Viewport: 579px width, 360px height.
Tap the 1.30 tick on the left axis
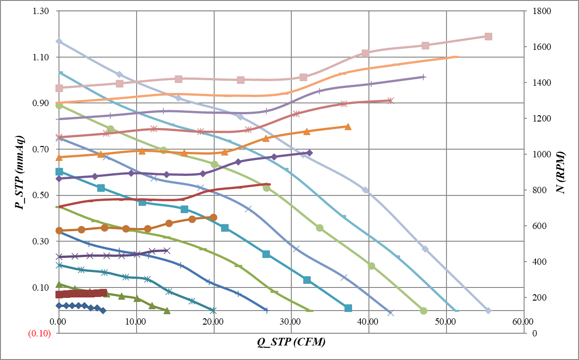pos(41,11)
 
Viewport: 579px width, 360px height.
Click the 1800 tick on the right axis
pos(541,11)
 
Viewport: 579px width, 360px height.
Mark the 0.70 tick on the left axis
pos(41,149)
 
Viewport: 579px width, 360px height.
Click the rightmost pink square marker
pos(488,36)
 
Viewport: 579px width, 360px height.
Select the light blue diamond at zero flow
pos(59,41)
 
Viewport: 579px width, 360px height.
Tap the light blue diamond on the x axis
pos(488,311)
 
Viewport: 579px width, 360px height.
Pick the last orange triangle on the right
pos(348,127)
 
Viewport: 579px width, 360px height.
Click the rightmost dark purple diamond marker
pos(309,153)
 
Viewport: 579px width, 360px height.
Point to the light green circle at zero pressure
pos(423,311)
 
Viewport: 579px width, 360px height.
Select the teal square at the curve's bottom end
pos(348,308)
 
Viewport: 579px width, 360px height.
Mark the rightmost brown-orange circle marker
pos(213,218)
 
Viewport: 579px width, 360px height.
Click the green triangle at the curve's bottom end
pos(167,311)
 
